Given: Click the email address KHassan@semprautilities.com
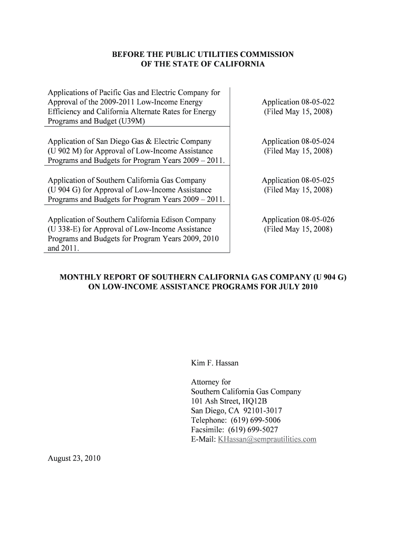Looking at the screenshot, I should click(267, 439).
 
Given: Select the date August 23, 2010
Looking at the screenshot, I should click(74, 458).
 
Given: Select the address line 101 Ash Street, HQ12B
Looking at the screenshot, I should click(229, 401).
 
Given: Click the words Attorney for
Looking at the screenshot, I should click(210, 382).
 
